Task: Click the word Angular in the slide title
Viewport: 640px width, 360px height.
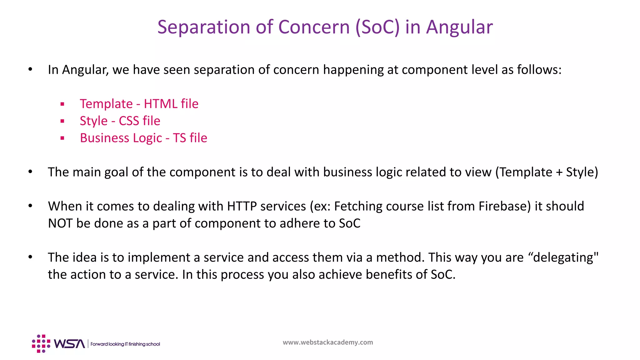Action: click(459, 27)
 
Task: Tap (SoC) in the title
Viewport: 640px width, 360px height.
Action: click(377, 27)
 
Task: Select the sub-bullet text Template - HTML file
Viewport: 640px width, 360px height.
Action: click(139, 104)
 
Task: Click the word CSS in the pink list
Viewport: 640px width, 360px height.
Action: click(129, 121)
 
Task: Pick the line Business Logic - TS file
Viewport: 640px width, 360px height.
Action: click(143, 138)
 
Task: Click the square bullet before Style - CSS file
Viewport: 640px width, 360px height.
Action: click(62, 121)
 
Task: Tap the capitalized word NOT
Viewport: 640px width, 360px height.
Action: click(60, 223)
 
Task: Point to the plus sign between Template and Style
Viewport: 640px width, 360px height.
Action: click(559, 172)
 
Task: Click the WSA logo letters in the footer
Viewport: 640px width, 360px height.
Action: click(69, 344)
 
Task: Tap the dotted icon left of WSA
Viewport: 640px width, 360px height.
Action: click(41, 344)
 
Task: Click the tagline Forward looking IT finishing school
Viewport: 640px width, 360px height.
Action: click(125, 344)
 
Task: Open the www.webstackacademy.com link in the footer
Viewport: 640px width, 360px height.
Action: click(327, 342)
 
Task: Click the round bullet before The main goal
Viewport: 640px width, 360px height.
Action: click(30, 172)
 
